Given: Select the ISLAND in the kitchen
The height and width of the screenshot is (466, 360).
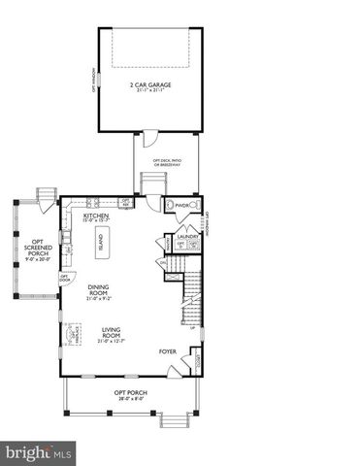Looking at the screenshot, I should coord(100,245).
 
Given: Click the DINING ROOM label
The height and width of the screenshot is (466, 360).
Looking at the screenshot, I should coord(99,289).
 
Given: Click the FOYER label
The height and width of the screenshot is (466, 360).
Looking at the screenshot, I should coord(168,351).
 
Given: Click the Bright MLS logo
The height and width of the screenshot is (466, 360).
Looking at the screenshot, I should coord(40,452).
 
